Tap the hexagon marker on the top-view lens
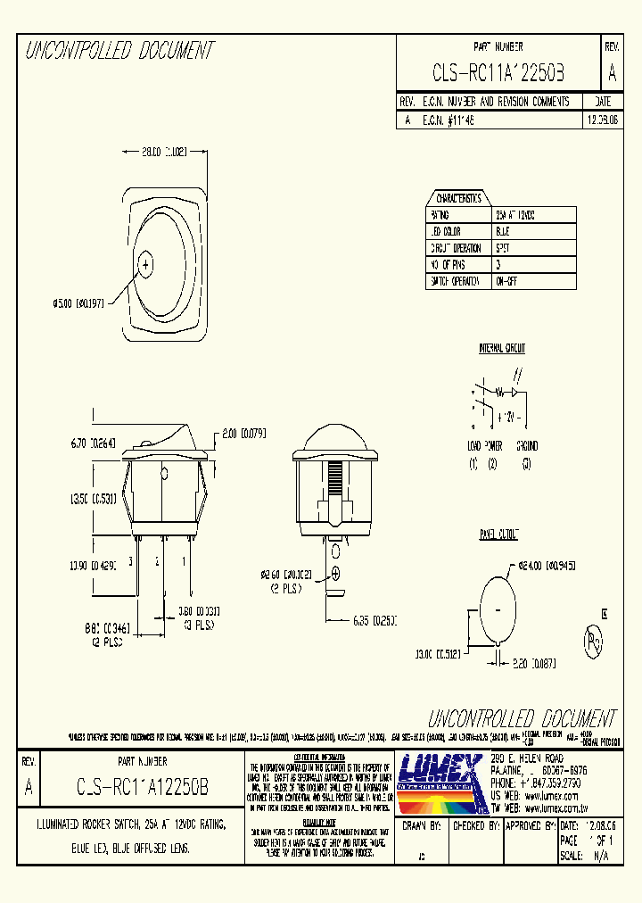(146, 263)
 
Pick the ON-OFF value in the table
(508, 281)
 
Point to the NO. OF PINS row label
(449, 265)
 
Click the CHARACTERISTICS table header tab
(457, 198)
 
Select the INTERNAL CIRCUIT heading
(502, 348)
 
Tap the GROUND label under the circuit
(527, 445)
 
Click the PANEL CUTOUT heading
(498, 534)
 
